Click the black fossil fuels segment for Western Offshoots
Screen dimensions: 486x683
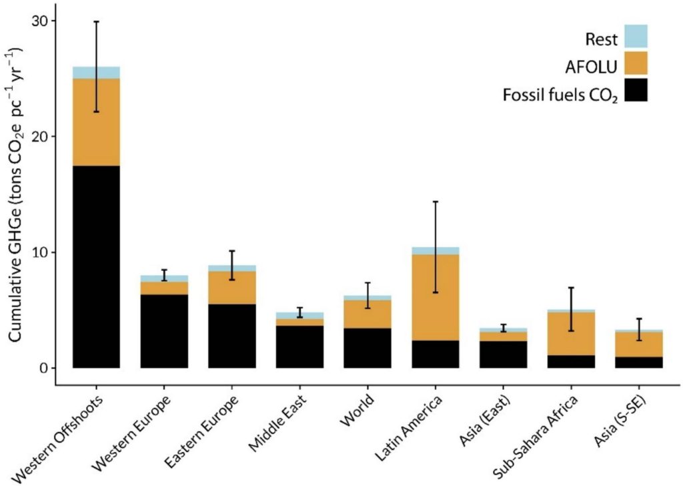click(96, 267)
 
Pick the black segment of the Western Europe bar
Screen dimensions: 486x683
click(164, 331)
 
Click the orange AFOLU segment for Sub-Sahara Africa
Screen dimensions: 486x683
click(570, 334)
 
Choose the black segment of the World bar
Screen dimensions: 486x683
click(367, 348)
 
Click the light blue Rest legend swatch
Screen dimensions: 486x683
click(635, 36)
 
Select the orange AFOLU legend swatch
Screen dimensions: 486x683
click(635, 63)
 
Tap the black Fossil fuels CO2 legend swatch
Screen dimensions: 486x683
click(635, 91)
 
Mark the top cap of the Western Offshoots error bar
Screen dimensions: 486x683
click(96, 21)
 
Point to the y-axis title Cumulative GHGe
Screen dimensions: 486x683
click(16, 194)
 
